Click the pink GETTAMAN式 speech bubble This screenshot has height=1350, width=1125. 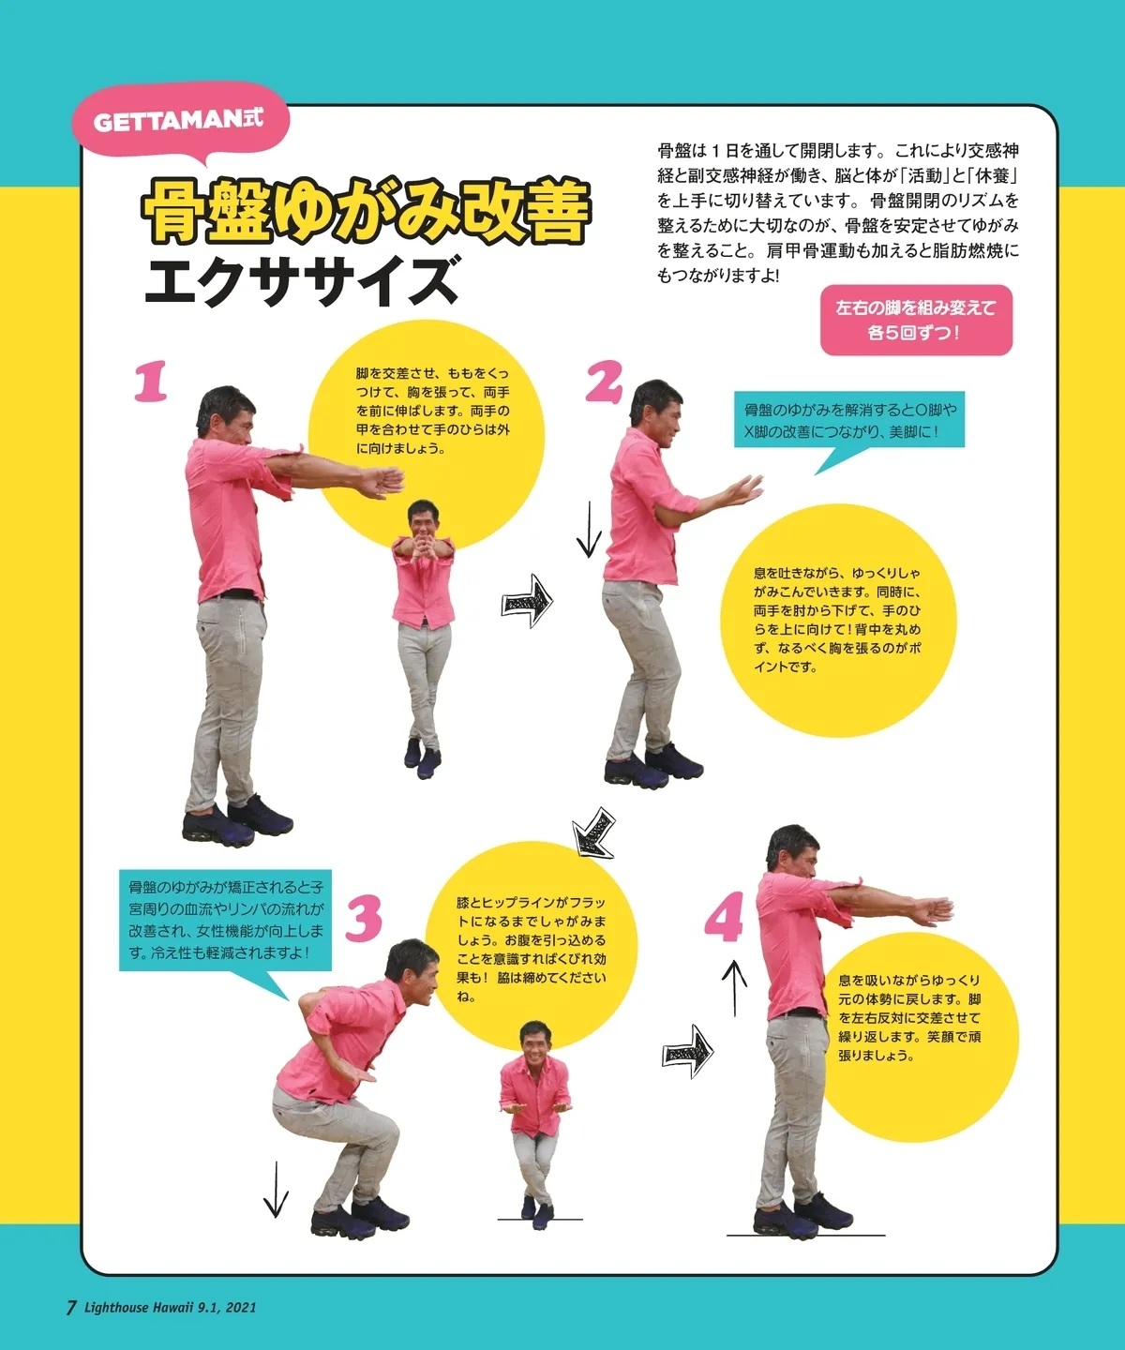point(180,123)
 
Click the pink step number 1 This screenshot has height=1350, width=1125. point(151,382)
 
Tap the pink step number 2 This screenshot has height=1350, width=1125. point(604,382)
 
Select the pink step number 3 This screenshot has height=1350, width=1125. point(364,919)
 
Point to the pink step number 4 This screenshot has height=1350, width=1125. point(724,919)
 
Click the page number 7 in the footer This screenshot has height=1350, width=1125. point(72,1307)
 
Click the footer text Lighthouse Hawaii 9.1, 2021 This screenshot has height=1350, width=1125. point(170,1307)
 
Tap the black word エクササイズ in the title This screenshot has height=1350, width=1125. point(301,280)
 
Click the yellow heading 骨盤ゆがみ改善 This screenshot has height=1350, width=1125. point(366,211)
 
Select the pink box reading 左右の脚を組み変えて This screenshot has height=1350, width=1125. point(916,320)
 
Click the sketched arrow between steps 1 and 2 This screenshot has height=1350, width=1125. point(528,601)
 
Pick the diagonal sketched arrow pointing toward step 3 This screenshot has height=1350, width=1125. point(593,833)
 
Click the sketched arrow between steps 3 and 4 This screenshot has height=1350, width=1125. point(688,1051)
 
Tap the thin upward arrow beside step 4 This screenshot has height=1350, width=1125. point(734,989)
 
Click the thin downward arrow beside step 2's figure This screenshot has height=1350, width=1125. point(589,529)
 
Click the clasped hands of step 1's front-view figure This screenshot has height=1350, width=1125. point(425,538)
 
